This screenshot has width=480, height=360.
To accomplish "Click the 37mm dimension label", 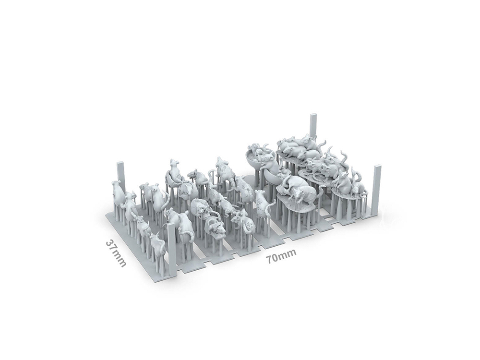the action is pyautogui.click(x=116, y=253).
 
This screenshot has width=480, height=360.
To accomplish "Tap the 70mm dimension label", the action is pyautogui.click(x=281, y=256).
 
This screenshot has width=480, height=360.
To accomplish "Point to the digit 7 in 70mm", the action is pyautogui.click(x=269, y=260).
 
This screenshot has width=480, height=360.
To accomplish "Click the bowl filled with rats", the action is pyautogui.click(x=258, y=157).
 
